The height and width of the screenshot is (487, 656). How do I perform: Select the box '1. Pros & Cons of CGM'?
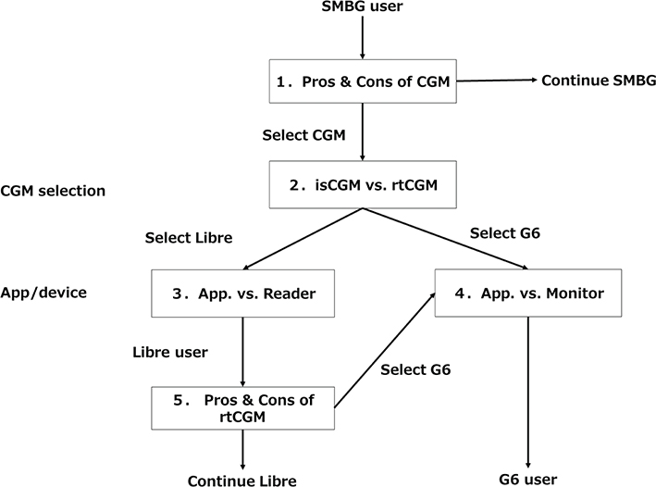click(362, 82)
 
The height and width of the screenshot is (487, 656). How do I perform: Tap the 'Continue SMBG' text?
click(599, 81)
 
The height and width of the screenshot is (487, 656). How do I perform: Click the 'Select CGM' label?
click(303, 135)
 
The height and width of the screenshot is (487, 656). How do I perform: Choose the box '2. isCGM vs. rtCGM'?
click(362, 184)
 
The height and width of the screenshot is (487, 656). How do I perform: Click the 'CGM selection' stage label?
click(54, 191)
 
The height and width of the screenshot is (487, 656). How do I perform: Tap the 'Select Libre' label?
click(188, 237)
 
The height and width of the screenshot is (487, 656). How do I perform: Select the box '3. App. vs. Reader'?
click(241, 293)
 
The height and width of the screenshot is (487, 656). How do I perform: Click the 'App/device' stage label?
click(43, 293)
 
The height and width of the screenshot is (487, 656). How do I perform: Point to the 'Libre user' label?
click(171, 353)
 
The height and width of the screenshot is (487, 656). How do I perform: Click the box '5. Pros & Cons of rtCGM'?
click(241, 408)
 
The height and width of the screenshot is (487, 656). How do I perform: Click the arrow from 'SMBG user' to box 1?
click(362, 40)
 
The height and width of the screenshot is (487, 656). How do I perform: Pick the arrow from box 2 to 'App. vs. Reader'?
click(302, 239)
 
